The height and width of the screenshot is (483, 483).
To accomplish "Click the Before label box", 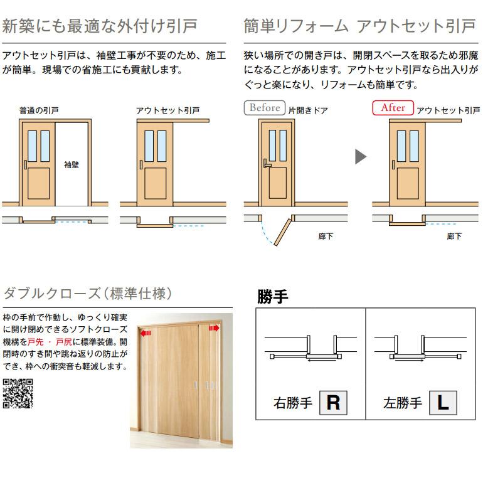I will tap(264, 107).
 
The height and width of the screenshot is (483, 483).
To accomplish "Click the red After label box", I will tap(393, 107).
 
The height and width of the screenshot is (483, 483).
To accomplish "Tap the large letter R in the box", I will tap(333, 402).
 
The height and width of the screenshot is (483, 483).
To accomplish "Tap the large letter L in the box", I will tap(443, 402).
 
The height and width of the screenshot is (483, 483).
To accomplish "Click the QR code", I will tap(18, 394).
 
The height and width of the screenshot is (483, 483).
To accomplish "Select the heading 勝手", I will tap(273, 297).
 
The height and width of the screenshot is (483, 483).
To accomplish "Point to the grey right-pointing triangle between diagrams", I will tap(360, 156).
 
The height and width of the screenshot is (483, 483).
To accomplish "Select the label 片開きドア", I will tap(308, 110).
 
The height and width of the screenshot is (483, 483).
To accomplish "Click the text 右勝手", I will tap(292, 403).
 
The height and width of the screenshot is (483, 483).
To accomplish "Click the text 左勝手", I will tap(403, 403).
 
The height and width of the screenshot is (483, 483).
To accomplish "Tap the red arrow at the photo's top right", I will tap(215, 327).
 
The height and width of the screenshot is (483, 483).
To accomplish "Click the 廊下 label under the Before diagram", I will tap(326, 236).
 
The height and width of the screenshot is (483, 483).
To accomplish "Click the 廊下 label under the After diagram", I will tap(454, 236).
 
